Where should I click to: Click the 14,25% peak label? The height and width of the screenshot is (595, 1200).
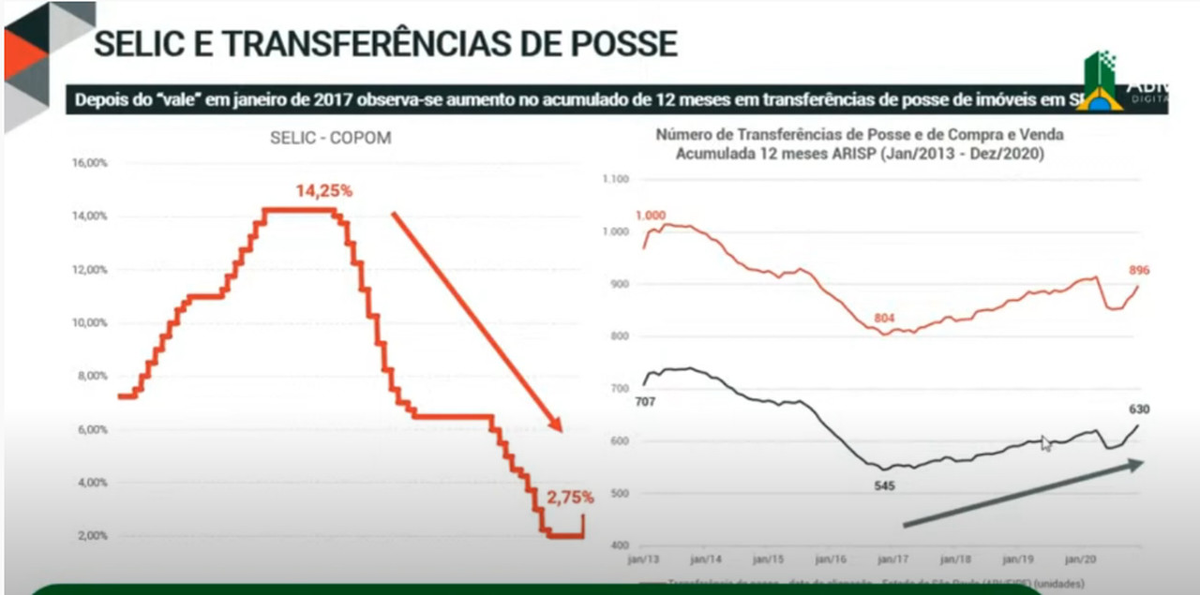point(324,191)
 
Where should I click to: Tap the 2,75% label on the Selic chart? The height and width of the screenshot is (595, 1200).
point(570,498)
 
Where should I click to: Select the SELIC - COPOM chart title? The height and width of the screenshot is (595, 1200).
point(330,138)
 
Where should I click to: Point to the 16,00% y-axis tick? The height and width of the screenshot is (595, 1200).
point(91,163)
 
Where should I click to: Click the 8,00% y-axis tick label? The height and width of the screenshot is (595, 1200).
point(93,377)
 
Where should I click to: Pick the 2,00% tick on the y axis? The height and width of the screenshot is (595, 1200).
point(93,536)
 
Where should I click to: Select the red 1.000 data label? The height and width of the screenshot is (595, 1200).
point(650,216)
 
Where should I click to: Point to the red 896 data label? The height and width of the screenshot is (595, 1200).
point(1139,271)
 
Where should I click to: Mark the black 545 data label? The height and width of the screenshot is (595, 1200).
point(885,485)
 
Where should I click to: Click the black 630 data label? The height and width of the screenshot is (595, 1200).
point(1139,409)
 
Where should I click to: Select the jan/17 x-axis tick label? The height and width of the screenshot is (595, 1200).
point(890,560)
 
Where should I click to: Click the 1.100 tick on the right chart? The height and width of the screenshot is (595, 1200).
point(616,179)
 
